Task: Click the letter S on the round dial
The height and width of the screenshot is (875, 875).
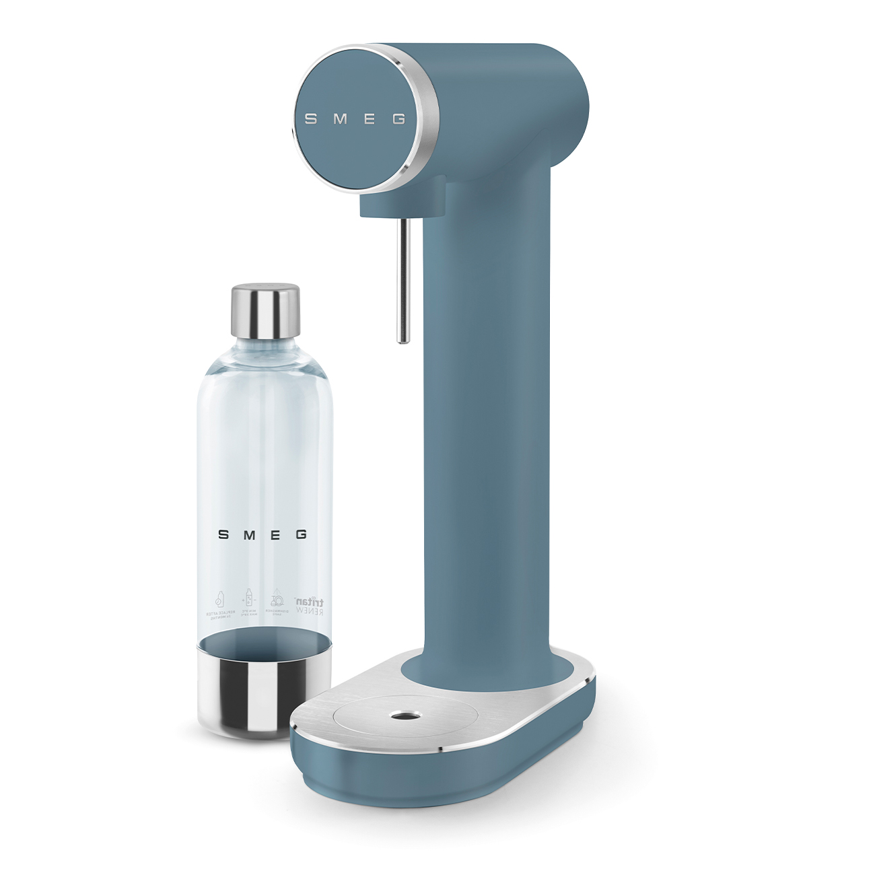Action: tap(310, 119)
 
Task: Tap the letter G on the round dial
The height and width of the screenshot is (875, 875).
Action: tap(399, 120)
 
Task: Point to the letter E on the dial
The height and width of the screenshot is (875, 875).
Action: tap(371, 119)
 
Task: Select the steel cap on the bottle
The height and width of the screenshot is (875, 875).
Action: tap(265, 311)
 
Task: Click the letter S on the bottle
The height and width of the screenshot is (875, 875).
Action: tap(223, 535)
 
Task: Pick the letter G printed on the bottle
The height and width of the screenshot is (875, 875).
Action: tap(301, 535)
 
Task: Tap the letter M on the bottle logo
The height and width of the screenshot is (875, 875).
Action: tap(249, 535)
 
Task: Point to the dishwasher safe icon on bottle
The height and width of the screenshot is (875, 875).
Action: tap(277, 601)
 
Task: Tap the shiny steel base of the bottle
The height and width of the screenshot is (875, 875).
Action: tap(264, 693)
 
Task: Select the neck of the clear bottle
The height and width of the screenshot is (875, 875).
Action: tap(265, 350)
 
